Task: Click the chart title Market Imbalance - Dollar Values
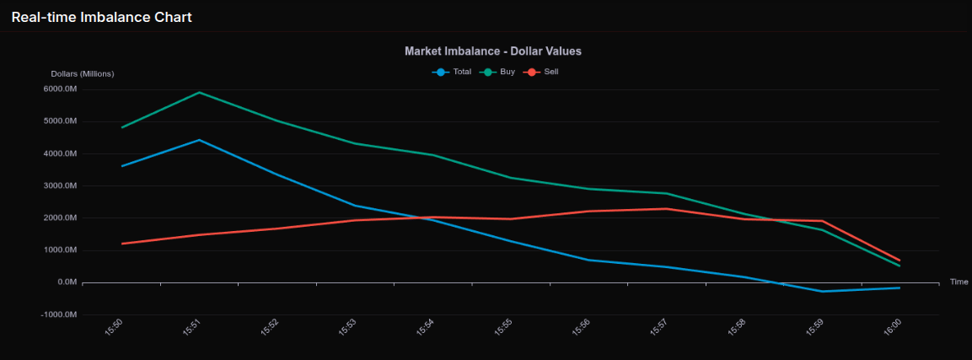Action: point(492,51)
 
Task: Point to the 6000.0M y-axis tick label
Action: point(60,89)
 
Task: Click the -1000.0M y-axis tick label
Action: point(59,314)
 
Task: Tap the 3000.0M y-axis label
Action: point(60,185)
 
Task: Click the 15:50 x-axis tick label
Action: point(114,327)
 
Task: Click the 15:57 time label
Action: point(658,327)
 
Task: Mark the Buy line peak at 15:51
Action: point(200,93)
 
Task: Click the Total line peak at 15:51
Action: point(200,140)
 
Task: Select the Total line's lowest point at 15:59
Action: point(822,291)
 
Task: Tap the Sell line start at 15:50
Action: point(123,244)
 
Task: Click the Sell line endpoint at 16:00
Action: point(900,261)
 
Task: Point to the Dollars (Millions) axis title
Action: point(83,74)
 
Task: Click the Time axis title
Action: point(959,282)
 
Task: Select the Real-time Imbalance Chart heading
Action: point(101,18)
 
